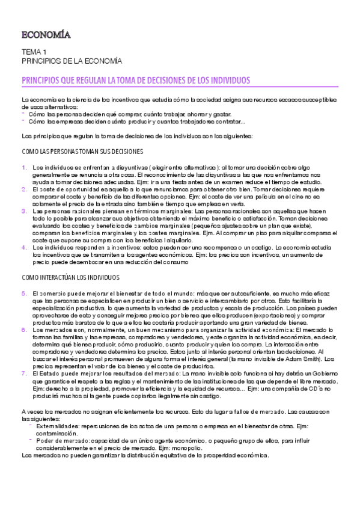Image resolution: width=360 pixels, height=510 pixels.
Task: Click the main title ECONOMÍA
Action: point(46,35)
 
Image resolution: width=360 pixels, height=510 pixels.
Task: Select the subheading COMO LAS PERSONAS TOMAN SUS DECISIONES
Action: point(82,152)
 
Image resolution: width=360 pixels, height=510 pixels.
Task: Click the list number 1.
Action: point(24,167)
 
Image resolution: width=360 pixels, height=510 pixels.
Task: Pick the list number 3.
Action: point(24,211)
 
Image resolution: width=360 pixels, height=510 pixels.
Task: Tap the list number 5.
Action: point(24,293)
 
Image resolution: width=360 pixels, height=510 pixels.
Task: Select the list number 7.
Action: point(24,373)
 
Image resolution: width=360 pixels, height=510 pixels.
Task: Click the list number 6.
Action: point(24,330)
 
